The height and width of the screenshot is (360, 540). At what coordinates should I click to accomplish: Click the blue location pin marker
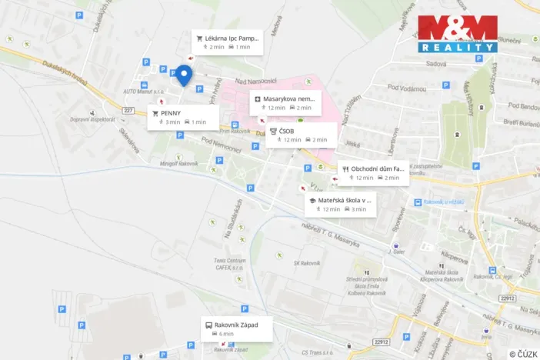pos(183,75)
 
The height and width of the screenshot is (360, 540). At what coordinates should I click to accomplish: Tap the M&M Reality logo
pos(457,34)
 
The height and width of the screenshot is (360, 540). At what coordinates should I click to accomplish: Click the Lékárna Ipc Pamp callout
pos(227,42)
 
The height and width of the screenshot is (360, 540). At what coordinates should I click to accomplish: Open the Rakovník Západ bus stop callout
pos(236,329)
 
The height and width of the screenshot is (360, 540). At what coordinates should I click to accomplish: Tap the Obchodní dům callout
pos(373,172)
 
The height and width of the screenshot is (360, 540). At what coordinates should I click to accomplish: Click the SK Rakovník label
pos(306,263)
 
